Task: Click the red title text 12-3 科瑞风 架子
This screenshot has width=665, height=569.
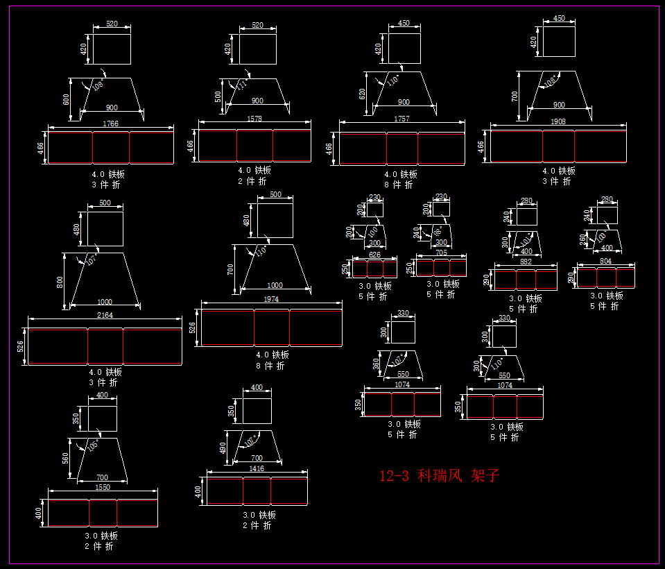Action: click(439, 476)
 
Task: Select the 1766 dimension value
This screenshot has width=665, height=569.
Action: click(110, 124)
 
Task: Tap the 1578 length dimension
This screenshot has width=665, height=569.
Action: click(254, 119)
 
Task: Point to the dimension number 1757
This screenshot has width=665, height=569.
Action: click(401, 119)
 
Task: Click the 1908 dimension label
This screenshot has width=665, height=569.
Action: click(558, 121)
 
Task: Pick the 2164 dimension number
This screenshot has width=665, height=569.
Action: click(105, 315)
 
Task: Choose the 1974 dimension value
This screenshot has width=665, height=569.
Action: click(271, 298)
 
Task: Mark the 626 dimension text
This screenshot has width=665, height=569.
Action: click(374, 255)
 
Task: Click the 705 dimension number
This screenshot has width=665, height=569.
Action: click(441, 253)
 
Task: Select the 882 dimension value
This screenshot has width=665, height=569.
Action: click(525, 262)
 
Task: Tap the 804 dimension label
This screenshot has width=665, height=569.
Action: click(606, 261)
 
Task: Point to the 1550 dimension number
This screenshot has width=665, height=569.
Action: click(102, 488)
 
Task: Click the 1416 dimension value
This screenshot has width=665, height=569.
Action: click(257, 469)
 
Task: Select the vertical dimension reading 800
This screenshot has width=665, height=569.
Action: click(60, 282)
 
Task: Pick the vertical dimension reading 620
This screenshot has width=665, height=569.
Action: click(362, 93)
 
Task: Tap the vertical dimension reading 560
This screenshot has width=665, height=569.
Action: click(66, 458)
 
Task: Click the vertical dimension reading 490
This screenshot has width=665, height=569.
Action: click(223, 448)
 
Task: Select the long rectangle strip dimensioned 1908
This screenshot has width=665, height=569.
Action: click(558, 146)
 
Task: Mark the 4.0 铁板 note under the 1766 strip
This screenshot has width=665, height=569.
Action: click(108, 175)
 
